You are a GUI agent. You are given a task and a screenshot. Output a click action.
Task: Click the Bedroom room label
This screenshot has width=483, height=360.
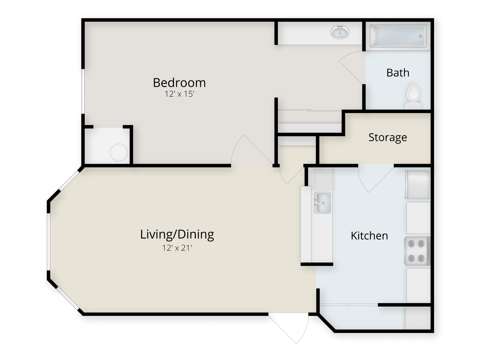179,83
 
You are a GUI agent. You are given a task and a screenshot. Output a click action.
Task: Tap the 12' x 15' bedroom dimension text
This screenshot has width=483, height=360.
179,94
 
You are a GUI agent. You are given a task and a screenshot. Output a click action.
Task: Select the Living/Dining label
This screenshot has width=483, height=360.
177,234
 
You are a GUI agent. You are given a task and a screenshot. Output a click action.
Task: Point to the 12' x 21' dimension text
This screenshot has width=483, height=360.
177,248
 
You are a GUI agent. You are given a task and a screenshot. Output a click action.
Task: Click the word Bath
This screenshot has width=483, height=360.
397,73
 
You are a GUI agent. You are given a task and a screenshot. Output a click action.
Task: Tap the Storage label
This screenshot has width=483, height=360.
388,137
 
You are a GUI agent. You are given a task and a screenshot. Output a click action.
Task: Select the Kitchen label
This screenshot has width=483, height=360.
369,236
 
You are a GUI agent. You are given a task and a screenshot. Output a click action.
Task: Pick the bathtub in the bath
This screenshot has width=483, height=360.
398,36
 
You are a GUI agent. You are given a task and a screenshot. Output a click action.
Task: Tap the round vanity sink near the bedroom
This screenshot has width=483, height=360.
340,32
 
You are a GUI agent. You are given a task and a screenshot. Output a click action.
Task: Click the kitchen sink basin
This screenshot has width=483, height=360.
322,203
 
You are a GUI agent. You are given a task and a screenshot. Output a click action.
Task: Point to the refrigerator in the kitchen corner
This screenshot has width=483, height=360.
417,185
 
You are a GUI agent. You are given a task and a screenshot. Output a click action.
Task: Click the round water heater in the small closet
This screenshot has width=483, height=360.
119,152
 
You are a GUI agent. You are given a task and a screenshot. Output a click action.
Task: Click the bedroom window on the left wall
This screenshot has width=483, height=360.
83,91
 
